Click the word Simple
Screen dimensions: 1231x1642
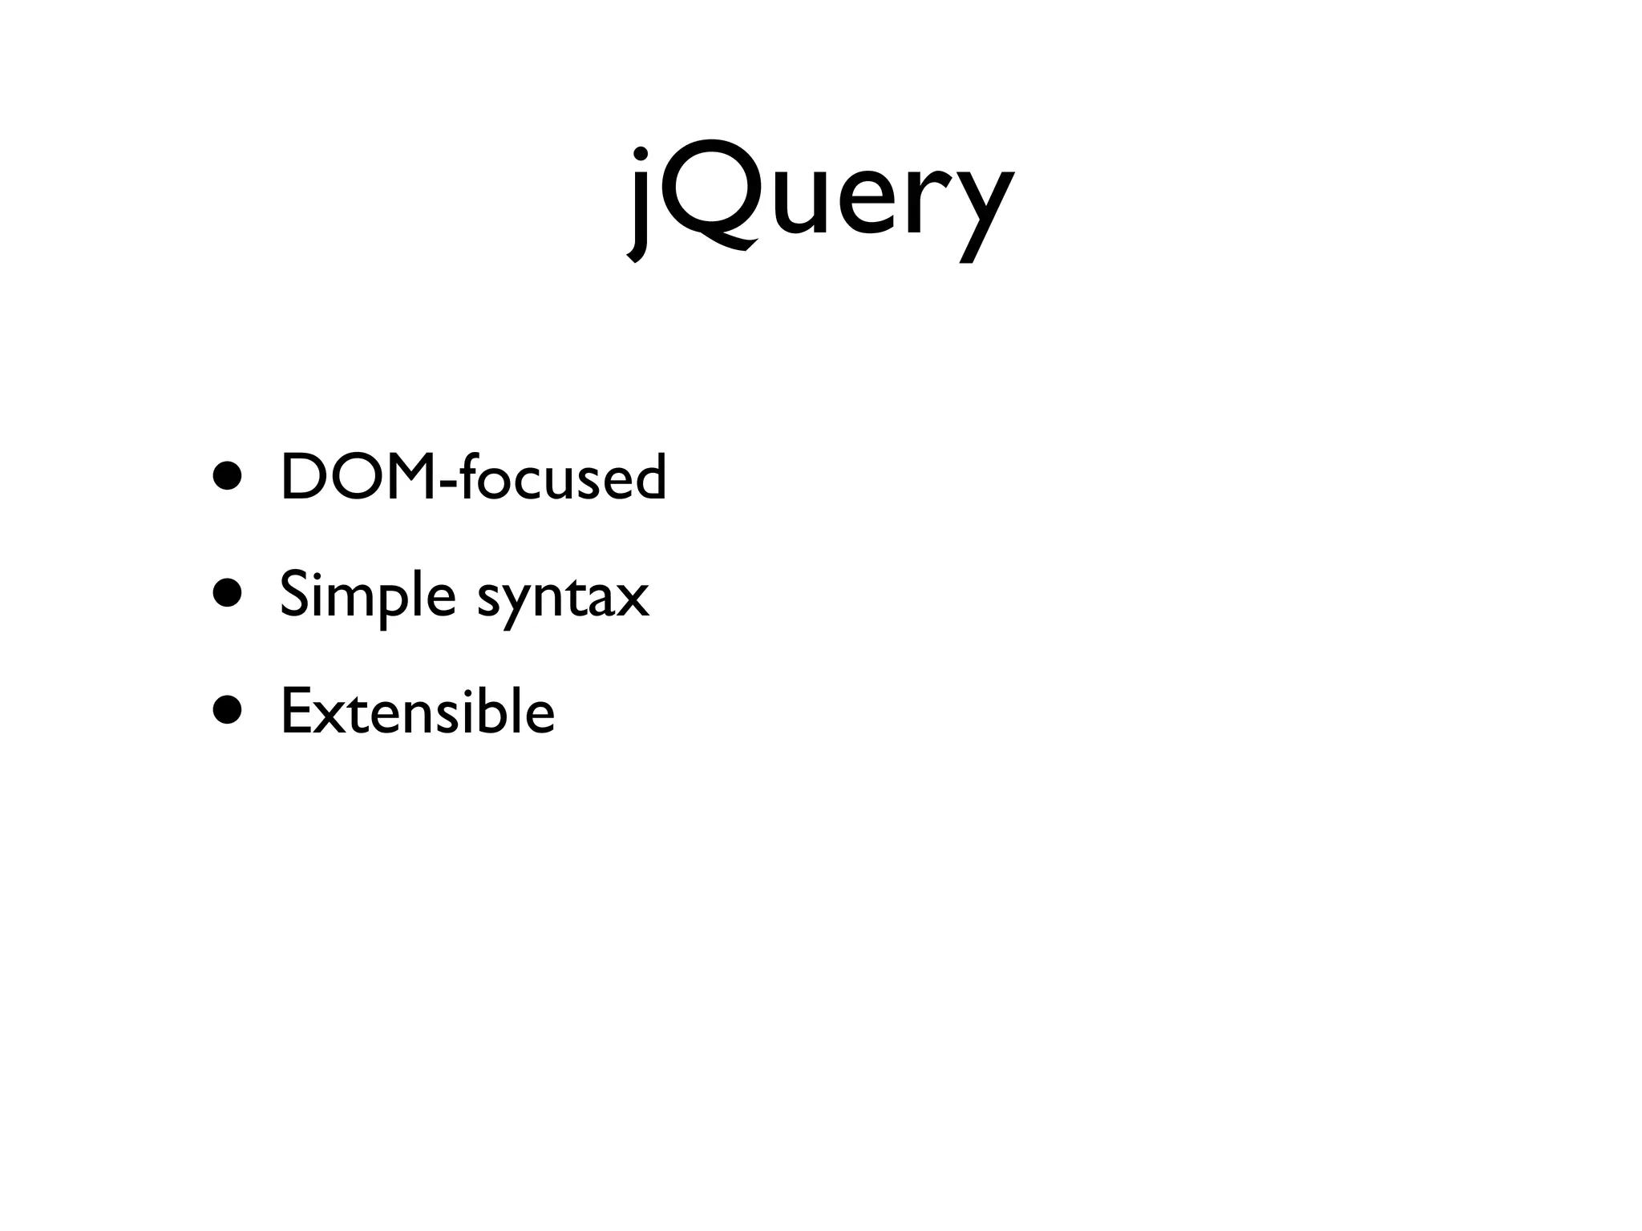pos(368,595)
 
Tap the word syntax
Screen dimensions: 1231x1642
pos(563,597)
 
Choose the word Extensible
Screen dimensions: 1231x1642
pos(418,711)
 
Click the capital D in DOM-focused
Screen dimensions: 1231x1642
pos(301,477)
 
